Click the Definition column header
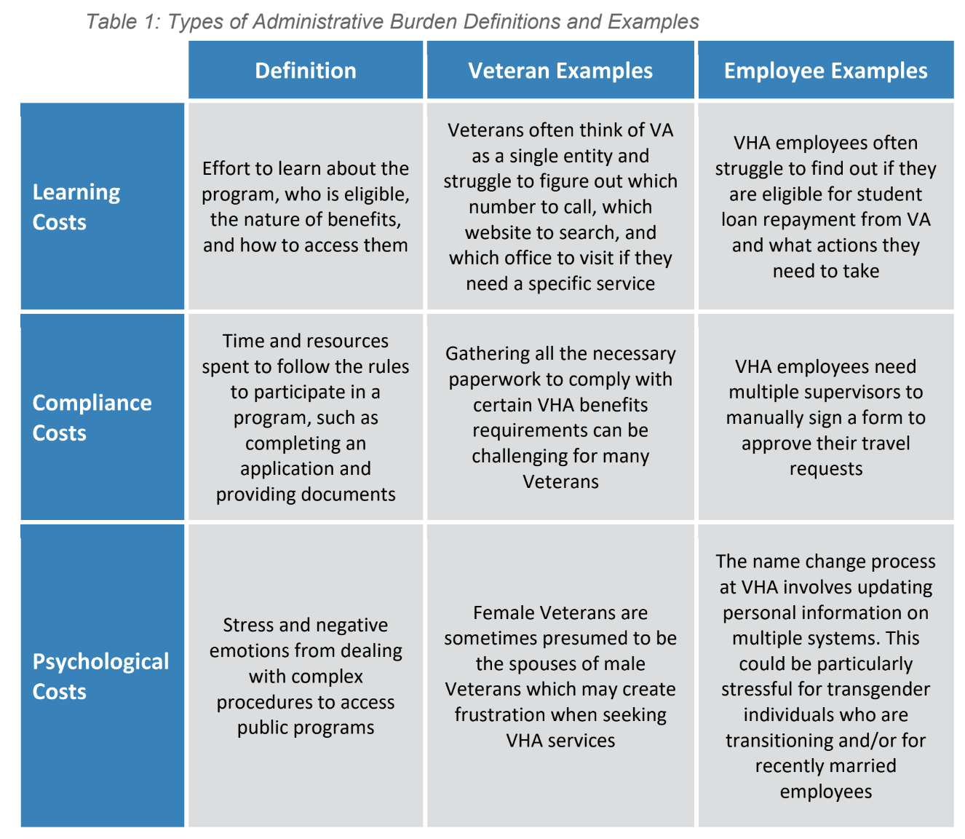(x=305, y=71)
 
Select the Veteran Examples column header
(x=560, y=71)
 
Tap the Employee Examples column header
(x=825, y=71)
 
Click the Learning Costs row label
(x=76, y=207)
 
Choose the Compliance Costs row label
(x=92, y=417)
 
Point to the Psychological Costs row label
(x=100, y=676)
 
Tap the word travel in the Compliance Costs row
(x=883, y=444)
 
